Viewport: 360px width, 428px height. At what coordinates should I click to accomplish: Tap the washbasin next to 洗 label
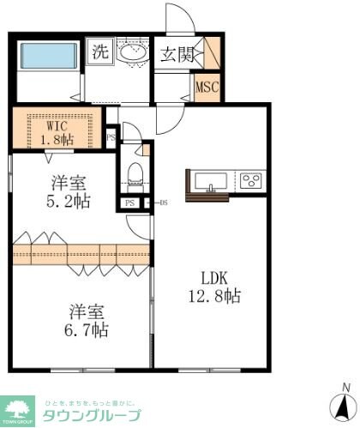(132, 52)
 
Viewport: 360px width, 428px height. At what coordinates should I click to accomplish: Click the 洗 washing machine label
(101, 51)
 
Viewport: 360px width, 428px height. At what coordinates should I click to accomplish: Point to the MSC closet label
(207, 87)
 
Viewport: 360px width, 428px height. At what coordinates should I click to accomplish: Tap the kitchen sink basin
(210, 181)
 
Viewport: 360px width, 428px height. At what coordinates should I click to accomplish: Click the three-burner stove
(251, 181)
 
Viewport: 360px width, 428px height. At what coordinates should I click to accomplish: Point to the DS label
(162, 203)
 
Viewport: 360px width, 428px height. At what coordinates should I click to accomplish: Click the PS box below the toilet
(129, 203)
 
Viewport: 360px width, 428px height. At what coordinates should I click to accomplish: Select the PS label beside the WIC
(111, 137)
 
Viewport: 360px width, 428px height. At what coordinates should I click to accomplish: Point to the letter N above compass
(345, 386)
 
